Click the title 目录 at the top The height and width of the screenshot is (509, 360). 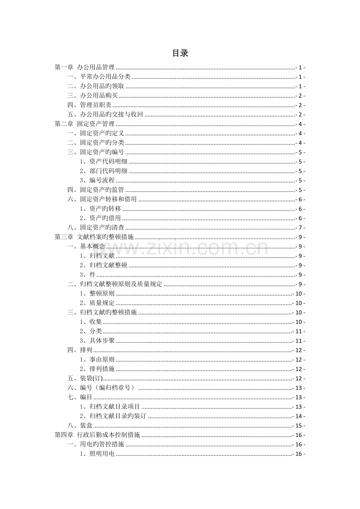tap(180, 54)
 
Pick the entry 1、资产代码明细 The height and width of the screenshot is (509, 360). tap(103, 162)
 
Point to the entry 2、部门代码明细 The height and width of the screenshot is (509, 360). tap(103, 171)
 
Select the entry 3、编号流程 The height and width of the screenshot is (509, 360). tap(97, 181)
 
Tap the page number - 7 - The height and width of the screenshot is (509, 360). tap(300, 228)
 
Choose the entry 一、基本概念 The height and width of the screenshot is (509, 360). tap(86, 247)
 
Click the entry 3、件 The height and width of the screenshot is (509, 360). tap(88, 275)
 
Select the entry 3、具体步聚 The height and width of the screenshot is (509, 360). tap(97, 341)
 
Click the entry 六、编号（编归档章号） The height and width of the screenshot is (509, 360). tap(101, 388)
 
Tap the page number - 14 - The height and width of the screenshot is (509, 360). tap(299, 416)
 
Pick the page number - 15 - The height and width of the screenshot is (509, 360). tap(299, 426)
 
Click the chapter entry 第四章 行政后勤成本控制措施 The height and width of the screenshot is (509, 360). tap(97, 435)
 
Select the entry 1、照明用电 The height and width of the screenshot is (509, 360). tap(97, 454)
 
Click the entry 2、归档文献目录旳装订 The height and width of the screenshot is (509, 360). tap(113, 416)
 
